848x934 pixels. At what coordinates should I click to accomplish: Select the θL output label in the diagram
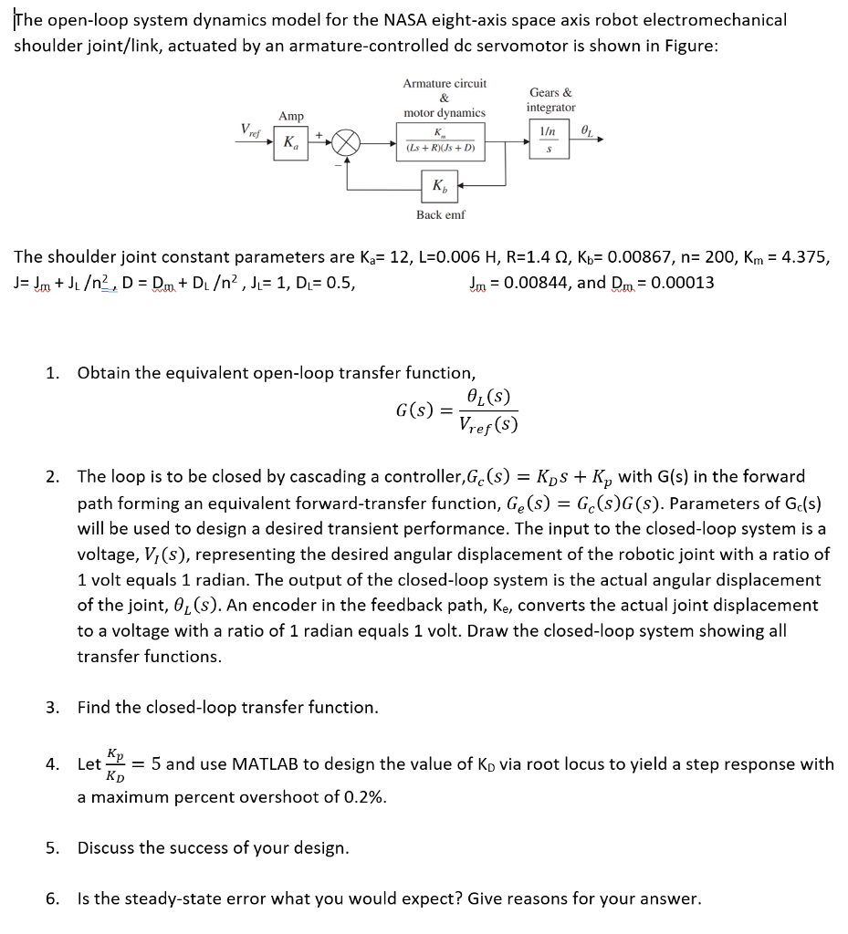pos(586,132)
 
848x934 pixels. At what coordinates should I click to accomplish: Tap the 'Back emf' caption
pos(440,214)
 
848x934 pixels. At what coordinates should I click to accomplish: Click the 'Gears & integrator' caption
pos(550,99)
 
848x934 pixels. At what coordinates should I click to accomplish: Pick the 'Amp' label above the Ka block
pos(291,117)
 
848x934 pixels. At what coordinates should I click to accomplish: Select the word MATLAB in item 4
pos(277,764)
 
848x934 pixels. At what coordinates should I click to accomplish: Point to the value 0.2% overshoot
pos(366,797)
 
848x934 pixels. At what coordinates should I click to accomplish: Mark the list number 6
pos(52,899)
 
